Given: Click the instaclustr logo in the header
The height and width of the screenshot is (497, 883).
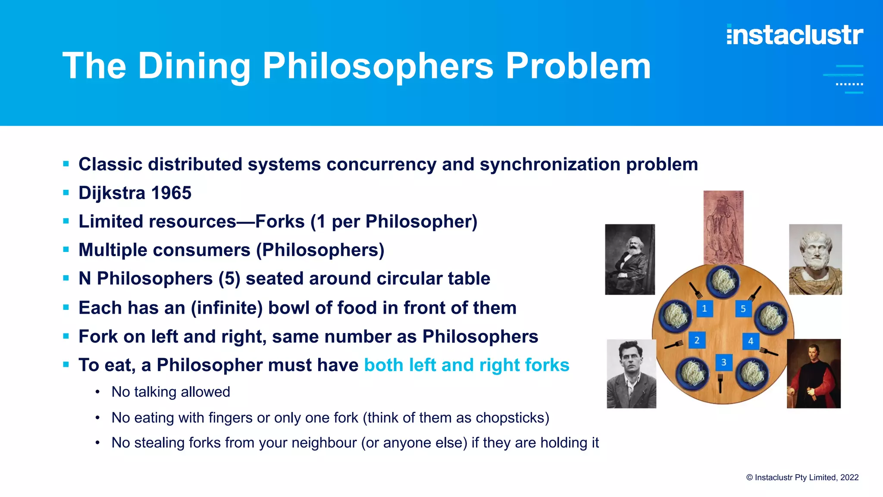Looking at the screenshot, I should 795,35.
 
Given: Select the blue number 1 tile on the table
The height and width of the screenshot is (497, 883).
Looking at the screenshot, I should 705,308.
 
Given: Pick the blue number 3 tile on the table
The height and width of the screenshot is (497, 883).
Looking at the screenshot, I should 723,362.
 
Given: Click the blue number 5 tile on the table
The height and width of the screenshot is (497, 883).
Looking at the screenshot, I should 743,308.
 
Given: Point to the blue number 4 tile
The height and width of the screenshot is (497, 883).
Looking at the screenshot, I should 751,341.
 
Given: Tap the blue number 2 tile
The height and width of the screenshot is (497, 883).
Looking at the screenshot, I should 697,340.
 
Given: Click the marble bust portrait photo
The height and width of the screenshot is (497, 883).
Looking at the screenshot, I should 815,259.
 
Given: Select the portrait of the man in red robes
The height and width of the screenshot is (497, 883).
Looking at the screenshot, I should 814,374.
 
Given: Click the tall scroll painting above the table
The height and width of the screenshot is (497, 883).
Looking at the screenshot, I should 723,227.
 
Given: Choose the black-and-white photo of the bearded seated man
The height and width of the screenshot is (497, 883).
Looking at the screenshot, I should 630,259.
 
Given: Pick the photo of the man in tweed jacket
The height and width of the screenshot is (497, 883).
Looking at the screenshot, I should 631,374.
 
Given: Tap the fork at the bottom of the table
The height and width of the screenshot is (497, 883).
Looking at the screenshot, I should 720,382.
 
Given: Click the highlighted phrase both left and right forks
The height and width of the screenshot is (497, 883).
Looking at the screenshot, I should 467,365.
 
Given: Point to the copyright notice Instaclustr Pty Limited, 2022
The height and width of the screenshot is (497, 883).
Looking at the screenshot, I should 802,477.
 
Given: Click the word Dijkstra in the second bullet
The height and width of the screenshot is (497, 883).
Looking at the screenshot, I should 112,193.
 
